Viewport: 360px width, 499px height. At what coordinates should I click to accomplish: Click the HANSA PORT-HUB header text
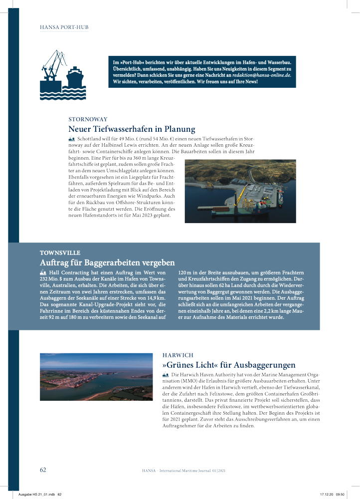coord(64,27)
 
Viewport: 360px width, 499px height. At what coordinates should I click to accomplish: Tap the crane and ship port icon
coord(63,74)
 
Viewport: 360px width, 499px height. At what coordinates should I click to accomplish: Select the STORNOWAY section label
coord(88,119)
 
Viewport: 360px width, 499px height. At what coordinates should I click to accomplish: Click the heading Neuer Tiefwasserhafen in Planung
coord(132,129)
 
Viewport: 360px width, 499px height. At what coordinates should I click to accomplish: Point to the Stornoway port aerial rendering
coord(240,191)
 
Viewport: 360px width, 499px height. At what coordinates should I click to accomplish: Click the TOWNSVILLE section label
coord(60,253)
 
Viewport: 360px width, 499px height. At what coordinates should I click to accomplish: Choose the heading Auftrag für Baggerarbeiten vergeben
coord(107,262)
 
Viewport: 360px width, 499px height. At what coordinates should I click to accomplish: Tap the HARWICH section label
coord(178,355)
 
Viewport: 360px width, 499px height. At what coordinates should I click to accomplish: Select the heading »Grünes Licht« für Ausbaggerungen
coord(229,365)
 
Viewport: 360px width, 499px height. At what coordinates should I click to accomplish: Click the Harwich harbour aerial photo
coord(96,377)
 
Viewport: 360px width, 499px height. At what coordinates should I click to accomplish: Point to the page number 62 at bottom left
coord(43,470)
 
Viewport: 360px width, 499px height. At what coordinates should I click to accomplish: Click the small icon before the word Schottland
coord(71,138)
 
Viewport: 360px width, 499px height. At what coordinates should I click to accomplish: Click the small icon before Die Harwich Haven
coord(166,374)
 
